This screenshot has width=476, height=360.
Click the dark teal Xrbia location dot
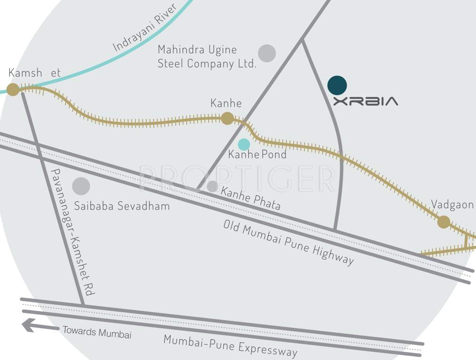337,85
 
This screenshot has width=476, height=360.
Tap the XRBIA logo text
365,101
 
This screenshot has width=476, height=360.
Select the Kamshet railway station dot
13,90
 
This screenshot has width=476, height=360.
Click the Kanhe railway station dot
227,118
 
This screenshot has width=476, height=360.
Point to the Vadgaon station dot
444,222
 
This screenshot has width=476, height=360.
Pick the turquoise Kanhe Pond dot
244,144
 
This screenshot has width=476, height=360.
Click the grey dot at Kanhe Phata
212,187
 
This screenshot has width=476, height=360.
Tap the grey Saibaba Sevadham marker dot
81,186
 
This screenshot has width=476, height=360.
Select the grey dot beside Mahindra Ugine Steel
267,53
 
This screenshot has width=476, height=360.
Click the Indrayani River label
144,28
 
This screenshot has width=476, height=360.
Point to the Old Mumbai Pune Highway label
288,243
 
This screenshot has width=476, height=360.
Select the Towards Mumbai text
97,332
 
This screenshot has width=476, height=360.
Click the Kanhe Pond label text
257,155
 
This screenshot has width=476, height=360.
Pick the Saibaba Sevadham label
122,206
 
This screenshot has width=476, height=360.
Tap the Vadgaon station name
452,205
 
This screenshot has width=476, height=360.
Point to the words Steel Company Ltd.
207,63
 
